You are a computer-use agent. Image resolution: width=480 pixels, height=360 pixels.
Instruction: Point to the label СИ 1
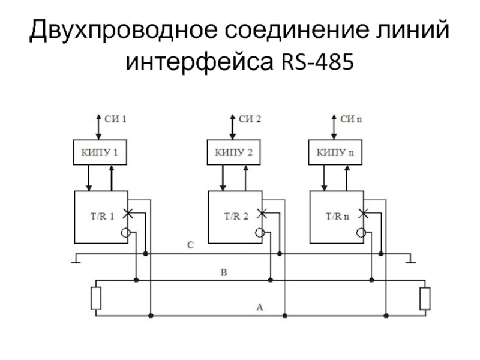[115, 119]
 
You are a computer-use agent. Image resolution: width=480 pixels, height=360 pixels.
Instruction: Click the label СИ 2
[250, 119]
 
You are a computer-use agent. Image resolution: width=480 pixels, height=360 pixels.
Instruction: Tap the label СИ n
[352, 119]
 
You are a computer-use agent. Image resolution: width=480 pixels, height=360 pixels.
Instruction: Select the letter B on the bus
[224, 273]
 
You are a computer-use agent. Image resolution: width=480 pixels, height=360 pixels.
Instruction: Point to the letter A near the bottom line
[259, 307]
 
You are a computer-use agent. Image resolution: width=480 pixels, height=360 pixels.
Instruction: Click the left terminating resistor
[96, 298]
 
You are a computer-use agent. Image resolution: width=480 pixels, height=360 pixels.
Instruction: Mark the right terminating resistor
[425, 298]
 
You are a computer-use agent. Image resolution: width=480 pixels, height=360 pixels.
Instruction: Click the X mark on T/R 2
[261, 212]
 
